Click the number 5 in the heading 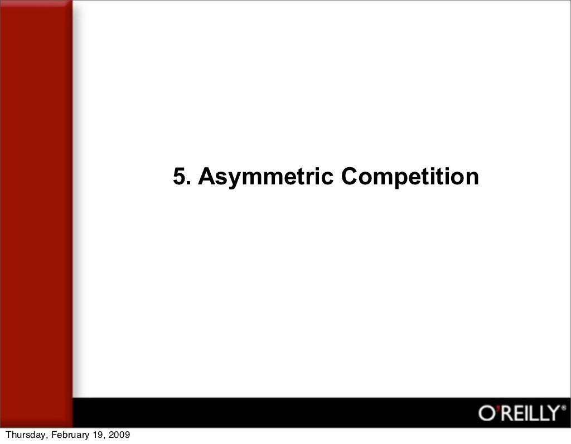click(x=178, y=177)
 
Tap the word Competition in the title click(x=410, y=178)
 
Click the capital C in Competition click(x=350, y=177)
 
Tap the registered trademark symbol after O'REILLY click(x=563, y=408)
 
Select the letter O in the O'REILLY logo click(x=485, y=414)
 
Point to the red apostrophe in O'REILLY click(x=495, y=408)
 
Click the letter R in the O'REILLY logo click(x=503, y=414)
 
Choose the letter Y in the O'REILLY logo click(x=553, y=414)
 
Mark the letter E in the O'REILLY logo click(x=516, y=414)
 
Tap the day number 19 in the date click(x=97, y=435)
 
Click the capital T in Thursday click(x=8, y=435)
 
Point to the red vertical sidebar click(x=36, y=212)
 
